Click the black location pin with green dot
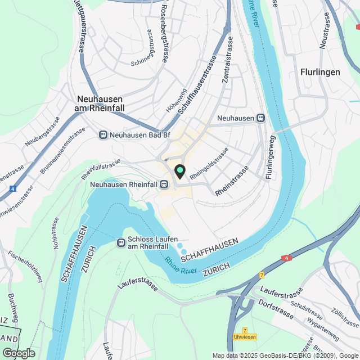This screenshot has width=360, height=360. pyautogui.click(x=179, y=171)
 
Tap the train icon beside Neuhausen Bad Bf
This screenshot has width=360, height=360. pyautogui.click(x=103, y=134)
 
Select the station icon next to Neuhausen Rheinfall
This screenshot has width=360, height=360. pyautogui.click(x=163, y=184)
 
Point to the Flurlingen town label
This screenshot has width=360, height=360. pyautogui.click(x=319, y=72)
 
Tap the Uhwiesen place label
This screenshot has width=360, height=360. pyautogui.click(x=245, y=337)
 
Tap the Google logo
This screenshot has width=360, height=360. pyautogui.click(x=18, y=353)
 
